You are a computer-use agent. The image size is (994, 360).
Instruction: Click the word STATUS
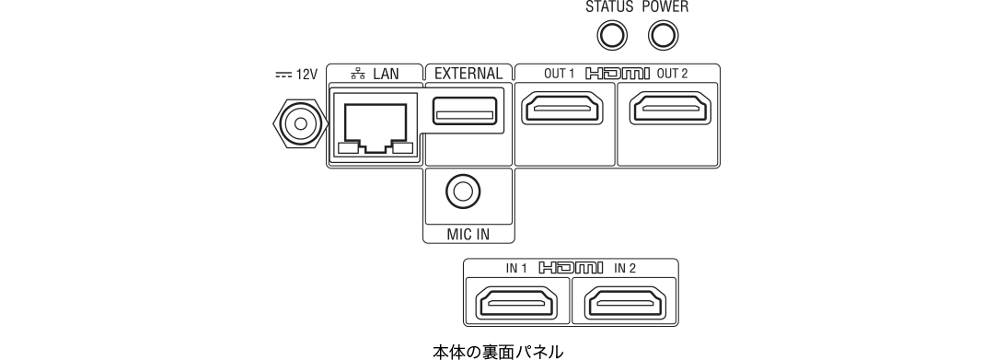pos(609,7)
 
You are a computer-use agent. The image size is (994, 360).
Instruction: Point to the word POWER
pos(665,7)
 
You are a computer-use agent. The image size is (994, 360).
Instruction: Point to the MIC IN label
pos(468,234)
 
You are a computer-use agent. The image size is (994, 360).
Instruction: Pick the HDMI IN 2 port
pos(624,303)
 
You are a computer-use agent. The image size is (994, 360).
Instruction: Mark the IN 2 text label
pos(625,269)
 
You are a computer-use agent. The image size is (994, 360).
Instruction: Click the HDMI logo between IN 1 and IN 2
pos(571,269)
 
